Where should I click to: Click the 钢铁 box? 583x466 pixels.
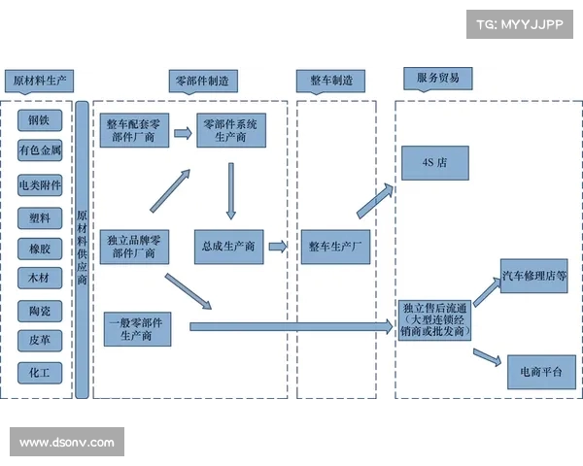pyautogui.click(x=39, y=120)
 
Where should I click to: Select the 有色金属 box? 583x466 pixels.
pyautogui.click(x=39, y=151)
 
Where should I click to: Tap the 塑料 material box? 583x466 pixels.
pyautogui.click(x=39, y=216)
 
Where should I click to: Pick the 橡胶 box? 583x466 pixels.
pyautogui.click(x=39, y=248)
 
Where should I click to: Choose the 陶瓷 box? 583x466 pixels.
pyautogui.click(x=39, y=311)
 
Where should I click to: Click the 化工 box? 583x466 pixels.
pyautogui.click(x=39, y=372)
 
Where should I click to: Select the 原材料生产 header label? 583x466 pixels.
pyautogui.click(x=38, y=81)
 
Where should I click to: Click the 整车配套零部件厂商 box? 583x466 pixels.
pyautogui.click(x=134, y=130)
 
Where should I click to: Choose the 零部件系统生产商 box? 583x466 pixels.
pyautogui.click(x=229, y=130)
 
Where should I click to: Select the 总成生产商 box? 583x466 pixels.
pyautogui.click(x=229, y=247)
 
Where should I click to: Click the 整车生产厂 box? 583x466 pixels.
pyautogui.click(x=335, y=247)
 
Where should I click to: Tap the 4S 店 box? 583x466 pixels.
pyautogui.click(x=434, y=163)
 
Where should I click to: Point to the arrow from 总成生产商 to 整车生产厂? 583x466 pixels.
pyautogui.click(x=278, y=247)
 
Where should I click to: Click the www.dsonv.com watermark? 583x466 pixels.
pyautogui.click(x=67, y=443)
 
